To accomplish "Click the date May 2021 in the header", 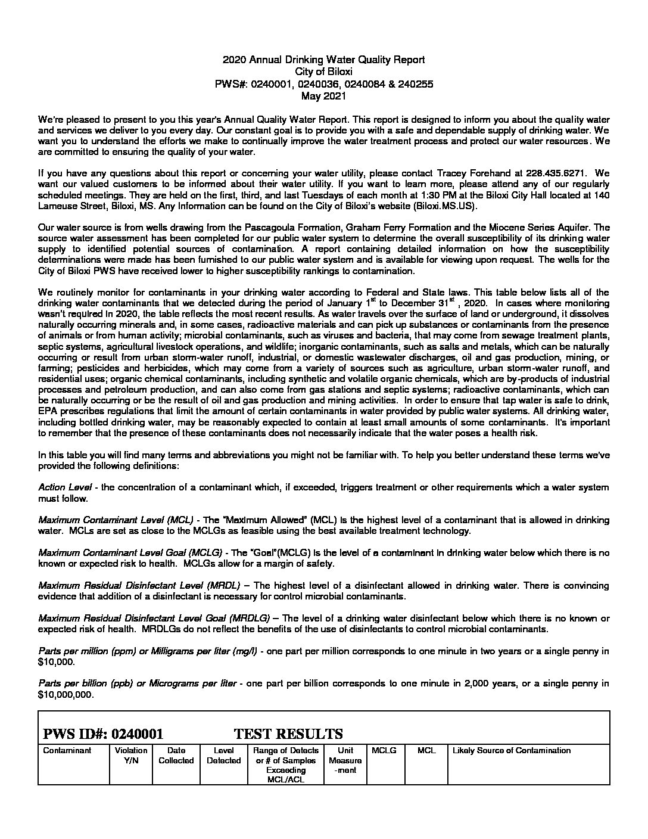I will coord(323,95).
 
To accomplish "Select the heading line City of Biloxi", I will coord(323,72).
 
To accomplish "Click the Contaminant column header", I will coord(67,750).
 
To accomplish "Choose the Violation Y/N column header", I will coord(131,755).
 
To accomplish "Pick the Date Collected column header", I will coord(176,755).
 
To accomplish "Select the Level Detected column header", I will coord(223,755).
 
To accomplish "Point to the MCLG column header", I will coord(384,750).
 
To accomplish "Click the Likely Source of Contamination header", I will coord(512,750).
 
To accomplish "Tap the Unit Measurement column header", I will coord(345,760).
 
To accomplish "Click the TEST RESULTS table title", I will coord(288,734).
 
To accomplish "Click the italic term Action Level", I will coord(67,487).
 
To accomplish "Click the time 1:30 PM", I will coord(428,195).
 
